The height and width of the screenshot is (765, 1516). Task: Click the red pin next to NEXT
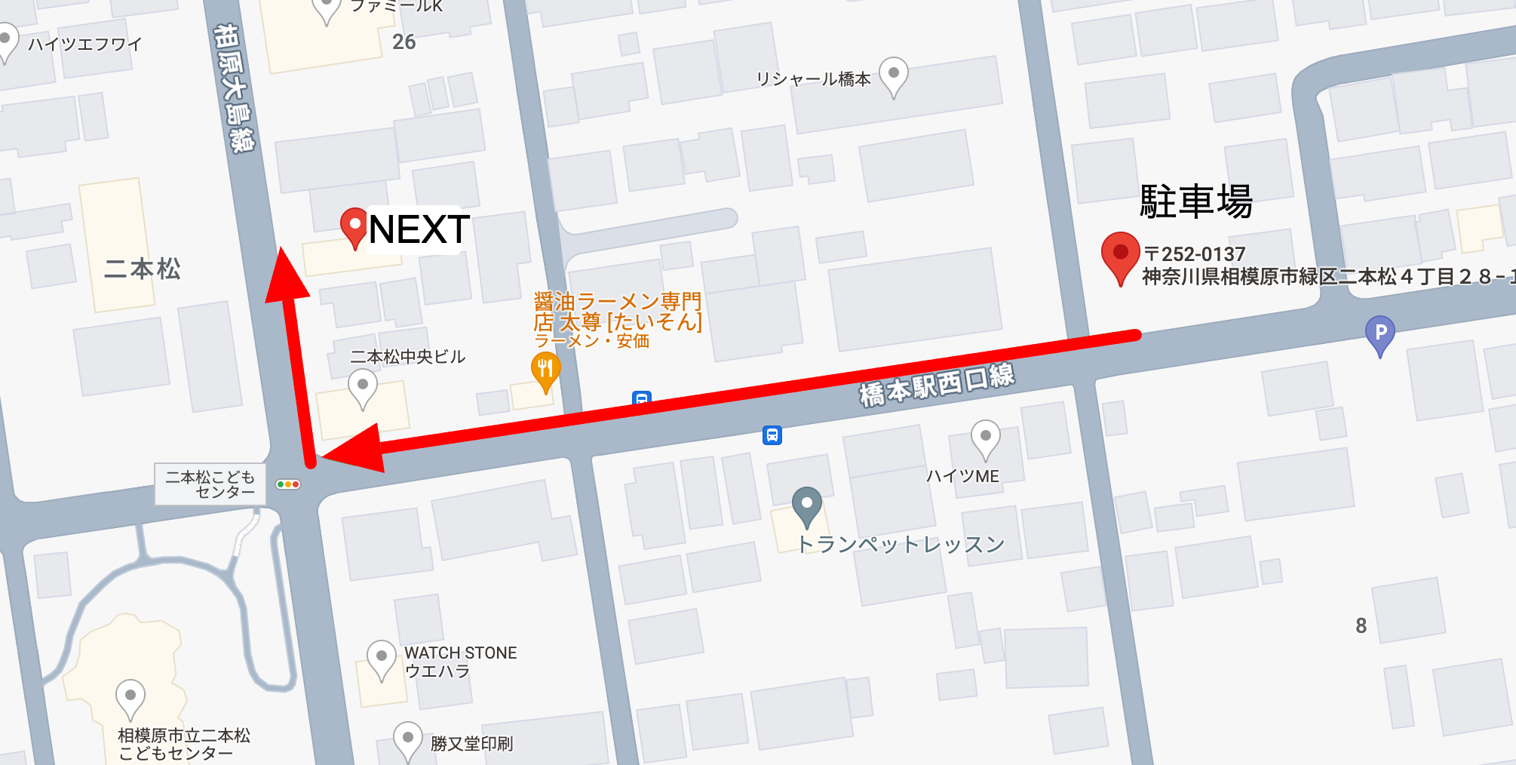point(354,226)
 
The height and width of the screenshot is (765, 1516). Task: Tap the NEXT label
point(419,229)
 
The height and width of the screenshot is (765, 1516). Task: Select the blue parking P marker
point(1380,333)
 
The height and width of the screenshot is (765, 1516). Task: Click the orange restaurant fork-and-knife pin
point(545,370)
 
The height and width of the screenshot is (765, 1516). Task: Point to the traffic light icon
point(288,484)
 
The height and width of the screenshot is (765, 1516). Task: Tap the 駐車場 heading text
point(1195,201)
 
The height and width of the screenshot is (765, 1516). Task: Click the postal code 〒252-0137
point(1195,253)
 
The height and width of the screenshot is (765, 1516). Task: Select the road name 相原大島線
point(235,87)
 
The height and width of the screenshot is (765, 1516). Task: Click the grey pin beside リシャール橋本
point(894,75)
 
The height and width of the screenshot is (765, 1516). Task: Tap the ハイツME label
point(962,476)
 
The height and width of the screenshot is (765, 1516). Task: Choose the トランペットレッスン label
point(901,544)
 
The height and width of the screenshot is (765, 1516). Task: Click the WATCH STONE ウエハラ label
point(460,662)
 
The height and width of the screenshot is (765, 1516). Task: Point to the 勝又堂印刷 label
point(471,744)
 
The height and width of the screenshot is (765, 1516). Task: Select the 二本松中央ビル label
point(408,357)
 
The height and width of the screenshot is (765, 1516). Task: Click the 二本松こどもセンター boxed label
point(210,484)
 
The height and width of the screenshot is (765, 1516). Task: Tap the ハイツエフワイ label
point(84,45)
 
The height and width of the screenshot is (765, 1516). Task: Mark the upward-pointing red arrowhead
point(286,276)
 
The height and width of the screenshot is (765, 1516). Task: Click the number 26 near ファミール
point(404,42)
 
